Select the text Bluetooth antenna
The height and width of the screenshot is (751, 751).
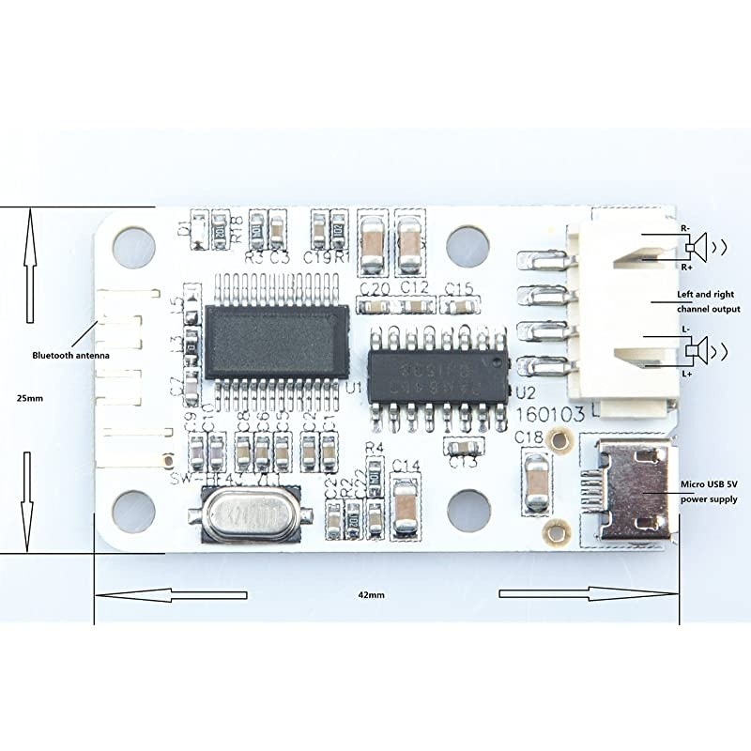coord(71,355)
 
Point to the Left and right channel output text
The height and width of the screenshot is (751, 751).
coord(709,301)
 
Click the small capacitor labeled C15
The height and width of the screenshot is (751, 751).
coord(459,306)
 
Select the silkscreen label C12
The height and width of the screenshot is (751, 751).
coord(414,285)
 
